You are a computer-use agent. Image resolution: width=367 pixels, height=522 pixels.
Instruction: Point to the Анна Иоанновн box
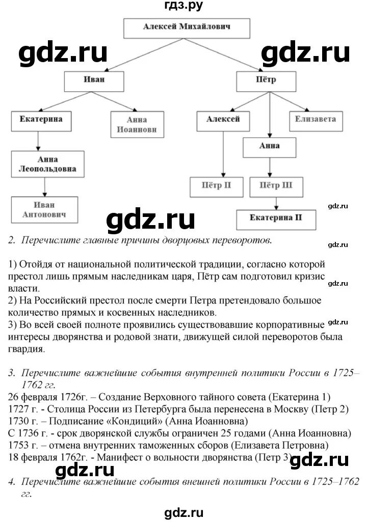click(x=135, y=125)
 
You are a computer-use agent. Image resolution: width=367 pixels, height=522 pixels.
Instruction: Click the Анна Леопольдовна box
click(x=48, y=163)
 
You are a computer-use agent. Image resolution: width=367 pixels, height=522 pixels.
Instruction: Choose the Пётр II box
click(x=218, y=186)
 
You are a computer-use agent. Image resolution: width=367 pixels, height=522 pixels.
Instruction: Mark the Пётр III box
click(x=276, y=186)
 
